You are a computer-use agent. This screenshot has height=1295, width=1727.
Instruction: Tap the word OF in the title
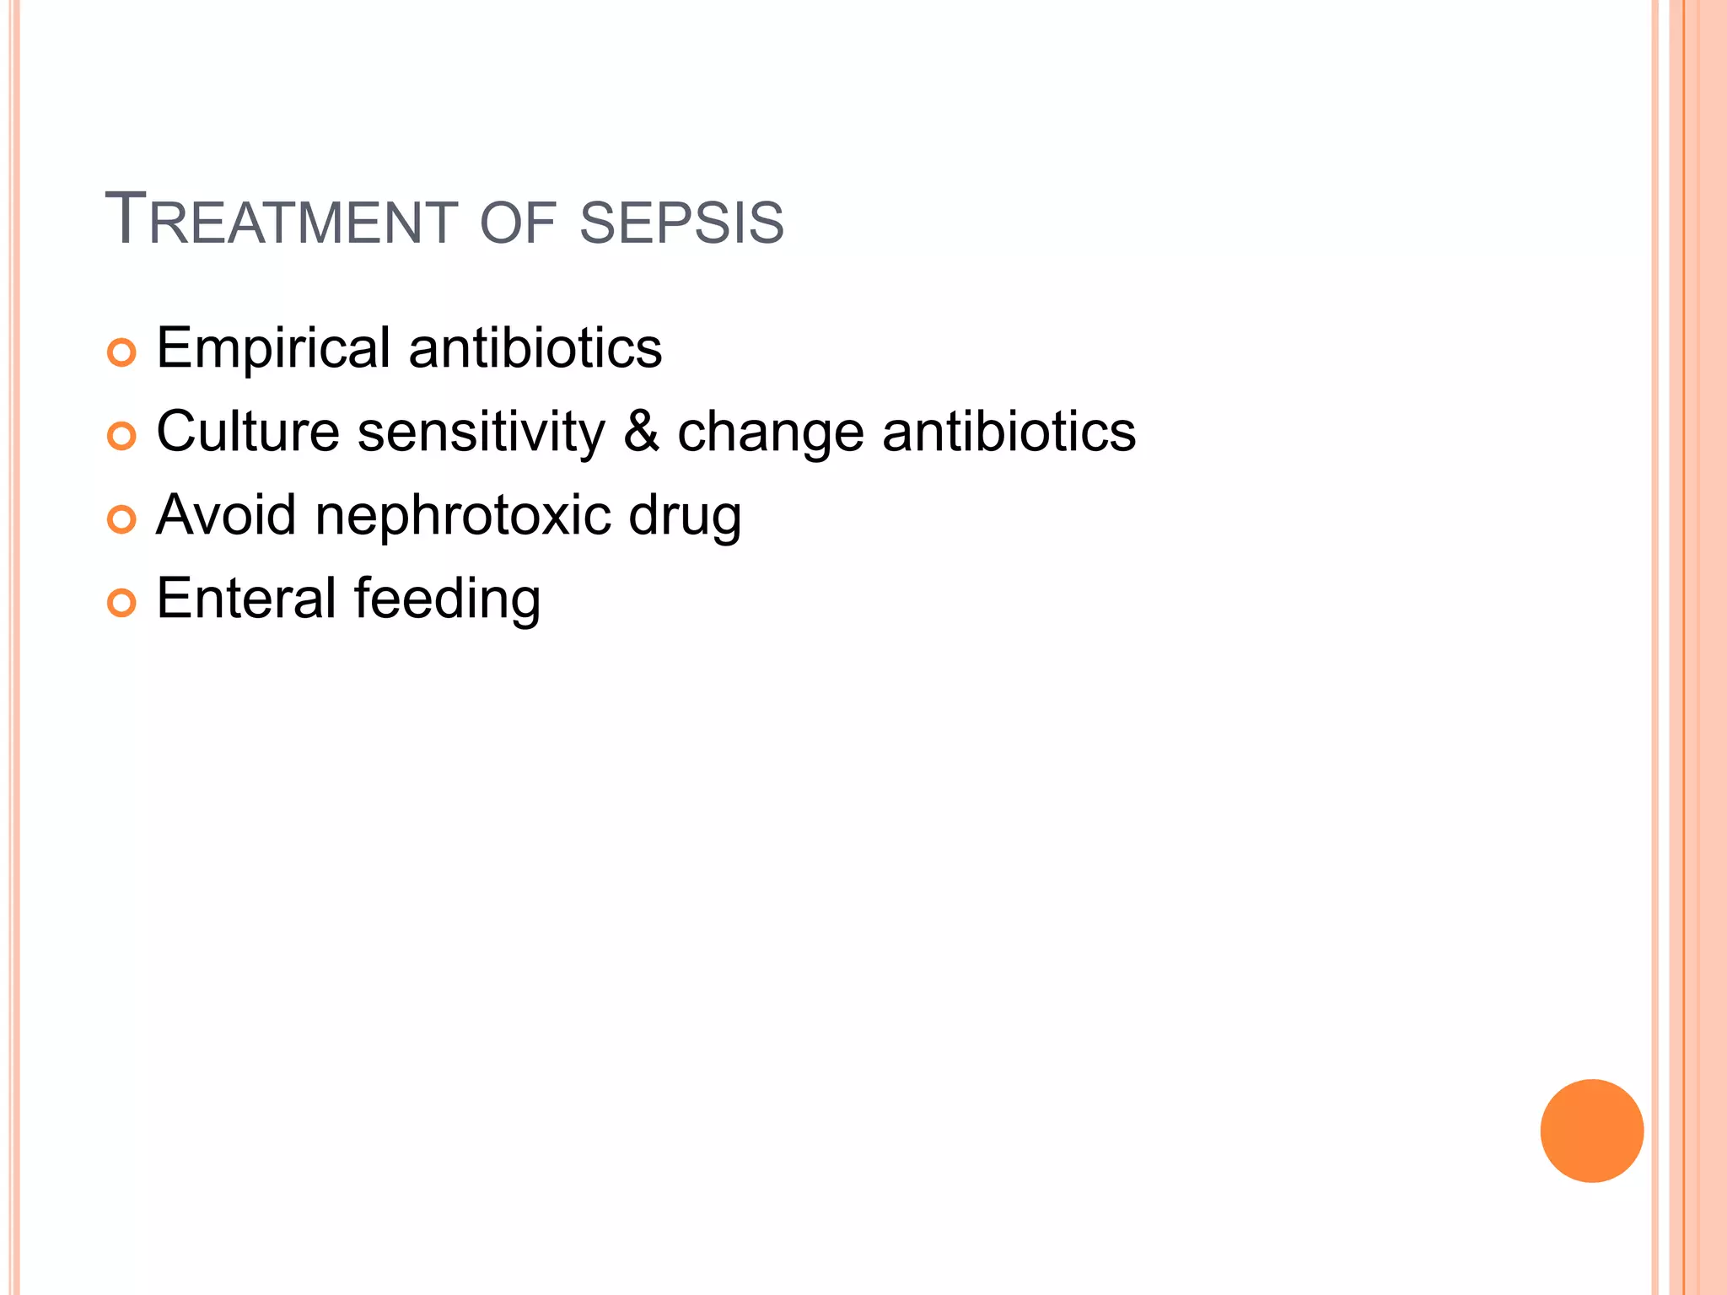[517, 223]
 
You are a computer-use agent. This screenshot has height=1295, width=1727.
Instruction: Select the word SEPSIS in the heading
[681, 223]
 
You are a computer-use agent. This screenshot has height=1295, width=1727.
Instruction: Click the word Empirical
[273, 348]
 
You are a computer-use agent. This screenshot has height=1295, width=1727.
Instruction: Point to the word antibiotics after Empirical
[535, 348]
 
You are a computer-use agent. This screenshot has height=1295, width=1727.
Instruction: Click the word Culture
[248, 432]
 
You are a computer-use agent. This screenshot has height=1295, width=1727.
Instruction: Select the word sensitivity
[481, 432]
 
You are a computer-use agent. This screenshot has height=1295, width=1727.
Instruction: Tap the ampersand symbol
[641, 432]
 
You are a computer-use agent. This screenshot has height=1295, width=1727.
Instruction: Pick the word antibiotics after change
[1009, 432]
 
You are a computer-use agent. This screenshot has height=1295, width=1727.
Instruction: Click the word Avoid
[226, 514]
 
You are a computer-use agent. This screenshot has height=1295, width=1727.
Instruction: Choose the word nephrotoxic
[462, 516]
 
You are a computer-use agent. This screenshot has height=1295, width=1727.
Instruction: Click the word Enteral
[246, 599]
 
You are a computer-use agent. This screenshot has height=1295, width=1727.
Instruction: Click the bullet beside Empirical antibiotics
[121, 352]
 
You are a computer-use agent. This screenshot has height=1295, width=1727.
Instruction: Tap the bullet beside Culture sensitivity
[121, 436]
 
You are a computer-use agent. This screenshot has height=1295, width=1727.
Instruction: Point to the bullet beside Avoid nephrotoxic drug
[121, 519]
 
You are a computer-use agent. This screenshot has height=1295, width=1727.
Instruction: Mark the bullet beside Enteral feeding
[121, 603]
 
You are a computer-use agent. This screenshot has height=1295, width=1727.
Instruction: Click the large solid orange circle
[1591, 1131]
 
